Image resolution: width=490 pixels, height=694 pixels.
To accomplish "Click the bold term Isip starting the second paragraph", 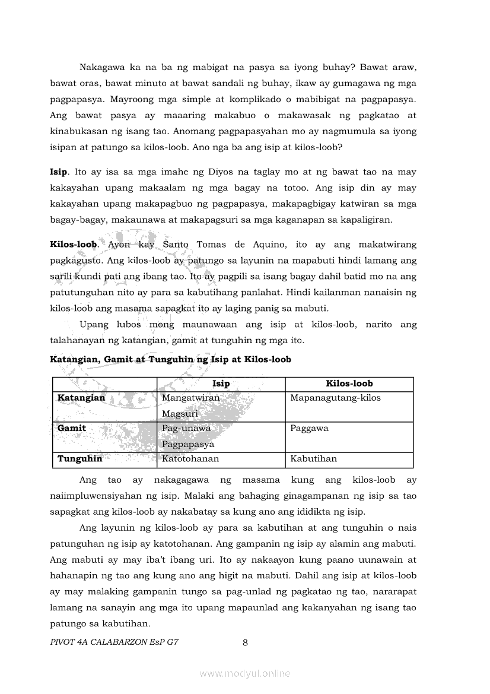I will (x=59, y=172).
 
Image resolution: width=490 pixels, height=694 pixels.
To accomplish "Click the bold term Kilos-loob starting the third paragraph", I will (x=73, y=244).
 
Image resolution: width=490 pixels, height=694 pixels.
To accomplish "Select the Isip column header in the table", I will (x=221, y=384).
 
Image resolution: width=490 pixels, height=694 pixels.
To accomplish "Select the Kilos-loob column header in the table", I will (x=349, y=384).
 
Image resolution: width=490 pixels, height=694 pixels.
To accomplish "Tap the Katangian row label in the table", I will (x=81, y=398).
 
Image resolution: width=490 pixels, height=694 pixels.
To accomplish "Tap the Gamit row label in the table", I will (x=72, y=428).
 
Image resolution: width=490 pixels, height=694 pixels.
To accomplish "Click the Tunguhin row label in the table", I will (x=79, y=458).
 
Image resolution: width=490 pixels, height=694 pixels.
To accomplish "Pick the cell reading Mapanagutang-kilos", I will (x=335, y=398).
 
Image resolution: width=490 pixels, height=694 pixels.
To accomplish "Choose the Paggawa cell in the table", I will (x=309, y=428).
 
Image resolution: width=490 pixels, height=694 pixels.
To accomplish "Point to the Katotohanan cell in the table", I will (x=190, y=458).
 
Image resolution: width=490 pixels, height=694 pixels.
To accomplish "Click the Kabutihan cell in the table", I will (x=313, y=458).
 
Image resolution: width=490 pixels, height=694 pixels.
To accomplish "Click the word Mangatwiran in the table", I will (x=190, y=398).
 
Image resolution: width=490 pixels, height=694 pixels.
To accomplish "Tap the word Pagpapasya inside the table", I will (x=187, y=444).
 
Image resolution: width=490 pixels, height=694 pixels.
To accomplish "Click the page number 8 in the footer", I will (x=245, y=642).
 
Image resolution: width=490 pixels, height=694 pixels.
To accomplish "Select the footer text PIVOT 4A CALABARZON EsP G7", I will (x=114, y=642).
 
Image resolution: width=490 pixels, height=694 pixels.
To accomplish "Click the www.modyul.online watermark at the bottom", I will (x=245, y=673).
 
